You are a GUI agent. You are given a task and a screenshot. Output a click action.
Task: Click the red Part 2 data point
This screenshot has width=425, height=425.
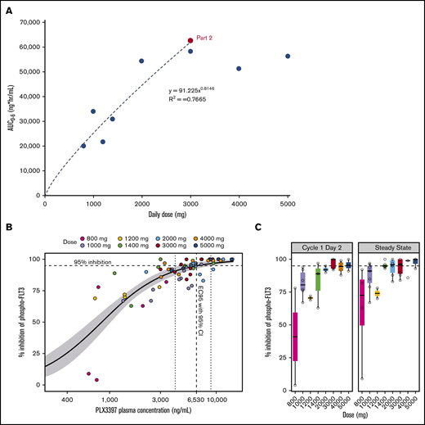tap(190, 40)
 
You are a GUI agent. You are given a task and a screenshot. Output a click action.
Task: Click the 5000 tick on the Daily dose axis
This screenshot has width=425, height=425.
tap(287, 202)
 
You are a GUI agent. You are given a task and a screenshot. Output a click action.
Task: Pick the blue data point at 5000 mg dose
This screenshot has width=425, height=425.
tap(288, 56)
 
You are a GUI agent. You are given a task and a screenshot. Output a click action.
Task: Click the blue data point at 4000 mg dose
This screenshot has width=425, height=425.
tap(239, 69)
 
